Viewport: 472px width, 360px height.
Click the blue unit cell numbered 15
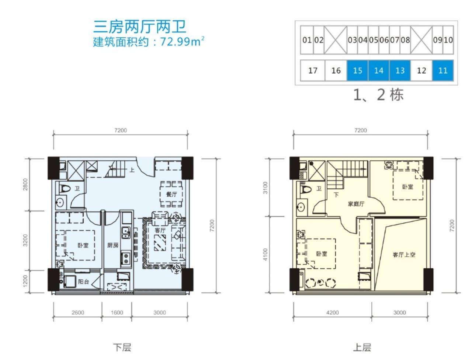[357, 70]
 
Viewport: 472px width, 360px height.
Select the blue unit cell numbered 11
[442, 70]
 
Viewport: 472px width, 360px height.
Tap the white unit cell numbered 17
[312, 70]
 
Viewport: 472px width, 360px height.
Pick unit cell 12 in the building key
[421, 70]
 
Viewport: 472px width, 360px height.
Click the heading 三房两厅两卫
[139, 27]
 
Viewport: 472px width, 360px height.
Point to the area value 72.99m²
[182, 42]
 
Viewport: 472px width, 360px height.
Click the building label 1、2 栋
[378, 95]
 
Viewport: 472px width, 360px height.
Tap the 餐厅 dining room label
[171, 195]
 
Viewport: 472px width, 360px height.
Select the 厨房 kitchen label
[113, 245]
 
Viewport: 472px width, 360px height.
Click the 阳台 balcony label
[83, 282]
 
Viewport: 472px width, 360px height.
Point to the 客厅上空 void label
[404, 255]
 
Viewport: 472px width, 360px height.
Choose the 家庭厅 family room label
[356, 204]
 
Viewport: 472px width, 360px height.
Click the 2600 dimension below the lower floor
[78, 312]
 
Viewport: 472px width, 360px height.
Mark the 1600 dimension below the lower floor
[117, 312]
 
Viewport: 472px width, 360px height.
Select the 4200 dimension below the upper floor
[332, 312]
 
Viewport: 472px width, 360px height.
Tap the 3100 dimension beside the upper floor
[265, 188]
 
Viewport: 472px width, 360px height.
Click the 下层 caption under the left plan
[122, 347]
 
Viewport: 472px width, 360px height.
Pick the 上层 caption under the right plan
[362, 347]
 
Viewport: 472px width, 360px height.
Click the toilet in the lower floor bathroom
[65, 189]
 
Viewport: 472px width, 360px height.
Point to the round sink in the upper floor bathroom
[301, 207]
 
